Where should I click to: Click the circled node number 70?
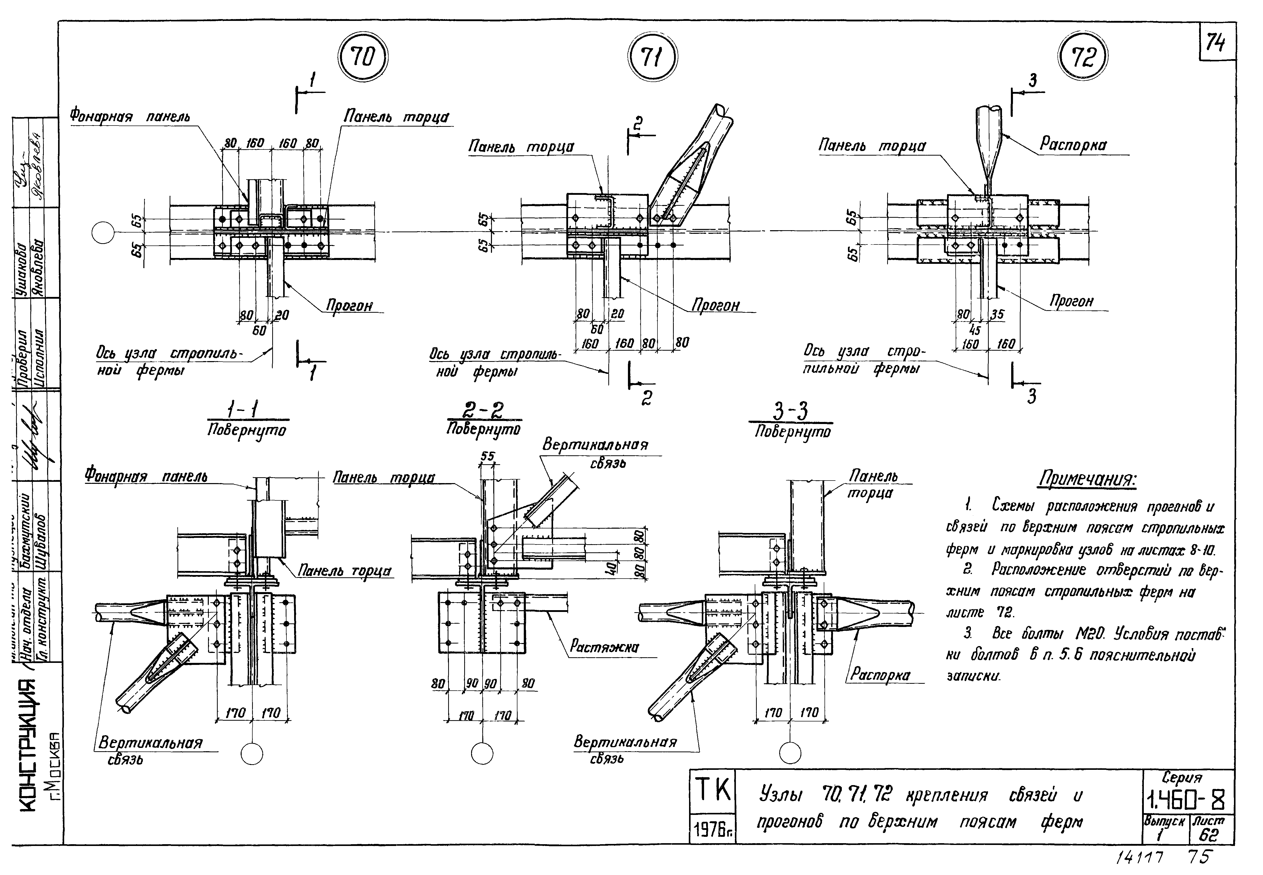pyautogui.click(x=362, y=57)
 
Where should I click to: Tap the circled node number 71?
pyautogui.click(x=652, y=57)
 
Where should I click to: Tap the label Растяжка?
pyautogui.click(x=604, y=647)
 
